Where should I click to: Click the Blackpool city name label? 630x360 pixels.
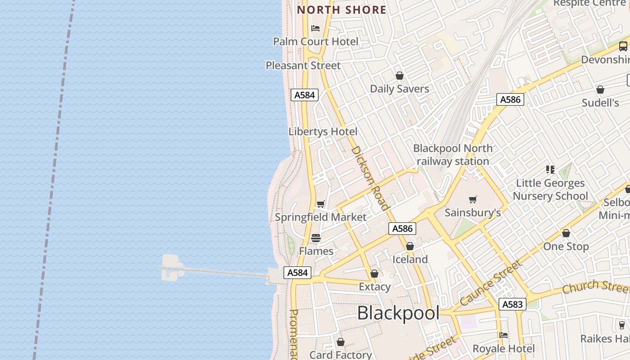(x=398, y=313)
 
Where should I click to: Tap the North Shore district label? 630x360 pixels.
(x=342, y=10)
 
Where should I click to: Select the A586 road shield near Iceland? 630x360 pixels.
(x=402, y=229)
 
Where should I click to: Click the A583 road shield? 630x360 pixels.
(x=512, y=305)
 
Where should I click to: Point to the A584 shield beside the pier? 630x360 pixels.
(x=297, y=273)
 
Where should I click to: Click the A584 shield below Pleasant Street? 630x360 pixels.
(x=305, y=95)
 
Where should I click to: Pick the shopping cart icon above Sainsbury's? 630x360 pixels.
(x=472, y=199)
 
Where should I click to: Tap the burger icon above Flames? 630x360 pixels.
(x=316, y=238)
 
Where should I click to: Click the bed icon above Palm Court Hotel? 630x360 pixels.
(x=315, y=28)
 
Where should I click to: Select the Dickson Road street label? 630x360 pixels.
(x=369, y=178)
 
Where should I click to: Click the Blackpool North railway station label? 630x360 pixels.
(x=453, y=154)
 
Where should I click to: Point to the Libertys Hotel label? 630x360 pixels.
(x=323, y=131)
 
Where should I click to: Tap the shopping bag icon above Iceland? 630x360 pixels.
(x=410, y=246)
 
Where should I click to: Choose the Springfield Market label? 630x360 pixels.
(x=320, y=217)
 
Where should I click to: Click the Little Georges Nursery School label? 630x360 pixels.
(x=550, y=189)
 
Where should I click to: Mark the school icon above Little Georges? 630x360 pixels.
(x=550, y=170)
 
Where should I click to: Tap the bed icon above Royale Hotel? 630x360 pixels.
(x=504, y=335)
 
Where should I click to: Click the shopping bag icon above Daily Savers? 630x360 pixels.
(x=399, y=76)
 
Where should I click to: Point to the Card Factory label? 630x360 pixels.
(x=341, y=355)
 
